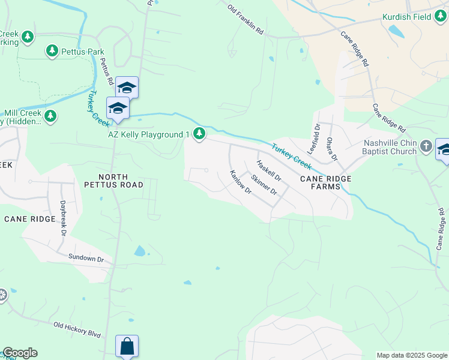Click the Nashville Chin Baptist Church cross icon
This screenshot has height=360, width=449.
(426, 146)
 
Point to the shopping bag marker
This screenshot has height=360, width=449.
(127, 346)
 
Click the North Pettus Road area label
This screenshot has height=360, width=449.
(122, 181)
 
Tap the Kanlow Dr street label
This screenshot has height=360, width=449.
(240, 181)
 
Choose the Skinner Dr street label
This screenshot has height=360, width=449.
(264, 184)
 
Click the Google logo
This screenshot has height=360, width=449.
(20, 353)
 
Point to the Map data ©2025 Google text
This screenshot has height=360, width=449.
(412, 355)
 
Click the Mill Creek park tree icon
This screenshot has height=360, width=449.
(50, 116)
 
